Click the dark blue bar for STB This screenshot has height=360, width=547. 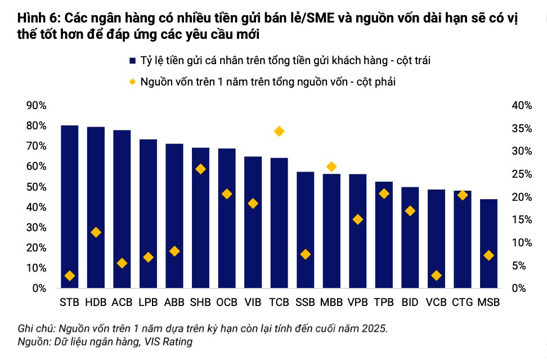point(69,206)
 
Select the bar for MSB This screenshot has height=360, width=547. point(488,244)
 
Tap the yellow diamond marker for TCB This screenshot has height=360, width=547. point(279,132)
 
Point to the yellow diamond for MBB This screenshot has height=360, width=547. point(331,166)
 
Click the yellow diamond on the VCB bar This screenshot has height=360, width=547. point(436,276)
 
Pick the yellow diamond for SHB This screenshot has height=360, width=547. point(200,169)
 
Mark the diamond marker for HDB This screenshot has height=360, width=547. point(96,232)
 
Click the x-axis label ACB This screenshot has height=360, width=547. point(122,302)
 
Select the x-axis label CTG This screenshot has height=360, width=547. point(463,302)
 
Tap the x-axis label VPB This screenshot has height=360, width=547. point(357,302)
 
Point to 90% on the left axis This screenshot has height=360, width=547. point(36,105)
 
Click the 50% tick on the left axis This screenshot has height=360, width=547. point(36,187)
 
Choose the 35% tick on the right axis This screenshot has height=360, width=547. point(522,129)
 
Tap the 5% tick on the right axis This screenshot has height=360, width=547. point(519,266)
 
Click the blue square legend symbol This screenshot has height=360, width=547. point(132,61)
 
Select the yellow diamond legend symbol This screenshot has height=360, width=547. point(132,82)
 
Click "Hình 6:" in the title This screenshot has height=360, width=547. point(39,18)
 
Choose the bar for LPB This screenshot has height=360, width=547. point(148,214)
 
